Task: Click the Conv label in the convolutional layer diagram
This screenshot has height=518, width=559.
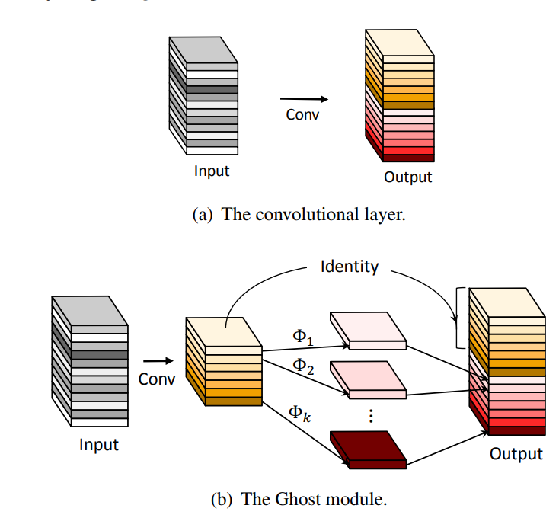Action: (x=302, y=115)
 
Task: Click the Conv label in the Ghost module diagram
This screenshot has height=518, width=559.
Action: (x=157, y=378)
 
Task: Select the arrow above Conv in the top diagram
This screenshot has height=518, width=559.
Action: (x=304, y=98)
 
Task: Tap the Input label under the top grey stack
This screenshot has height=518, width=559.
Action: (x=212, y=171)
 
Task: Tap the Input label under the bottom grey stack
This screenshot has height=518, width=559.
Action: (x=99, y=444)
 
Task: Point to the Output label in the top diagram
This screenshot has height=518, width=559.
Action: (x=408, y=177)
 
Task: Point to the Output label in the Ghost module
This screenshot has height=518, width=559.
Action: (x=516, y=454)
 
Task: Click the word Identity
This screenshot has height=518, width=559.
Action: (x=350, y=267)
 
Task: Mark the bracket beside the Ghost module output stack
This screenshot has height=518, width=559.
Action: (x=458, y=317)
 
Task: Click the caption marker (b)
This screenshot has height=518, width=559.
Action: (x=222, y=500)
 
